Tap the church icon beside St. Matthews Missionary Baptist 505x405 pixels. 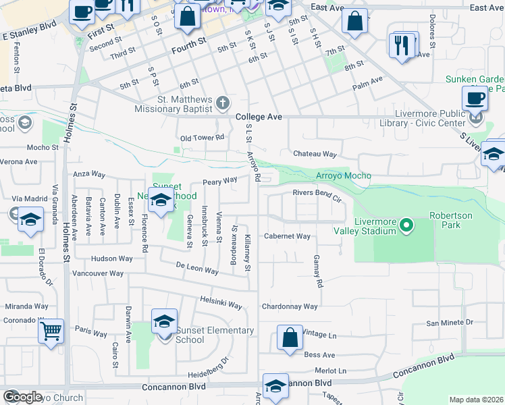pyautogui.click(x=223, y=103)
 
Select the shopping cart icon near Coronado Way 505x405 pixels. pyautogui.click(x=51, y=331)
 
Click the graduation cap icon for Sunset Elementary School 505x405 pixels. pyautogui.click(x=164, y=322)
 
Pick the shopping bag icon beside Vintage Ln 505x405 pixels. pyautogui.click(x=290, y=337)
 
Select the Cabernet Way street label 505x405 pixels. pyautogui.click(x=286, y=236)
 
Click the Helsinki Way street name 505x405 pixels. pyautogui.click(x=221, y=302)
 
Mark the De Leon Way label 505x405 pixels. pyautogui.click(x=197, y=269)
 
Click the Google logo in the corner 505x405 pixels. pyautogui.click(x=22, y=397)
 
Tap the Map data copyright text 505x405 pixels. pyautogui.click(x=476, y=400)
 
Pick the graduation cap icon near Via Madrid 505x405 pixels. pyautogui.click(x=30, y=220)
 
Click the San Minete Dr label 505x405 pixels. pyautogui.click(x=450, y=323)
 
